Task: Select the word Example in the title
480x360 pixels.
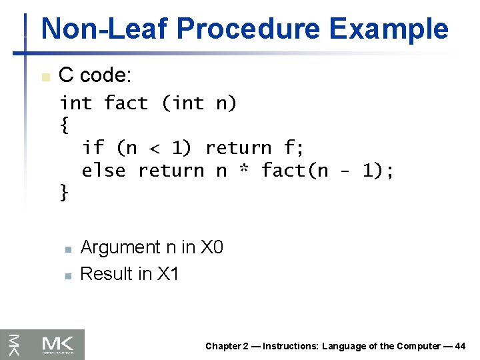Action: point(393,29)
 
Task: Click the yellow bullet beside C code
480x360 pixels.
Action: point(45,77)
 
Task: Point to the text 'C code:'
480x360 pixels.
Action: point(95,75)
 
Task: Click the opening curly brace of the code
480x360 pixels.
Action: point(64,125)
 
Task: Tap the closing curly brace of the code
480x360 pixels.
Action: point(64,193)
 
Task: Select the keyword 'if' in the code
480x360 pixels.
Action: point(93,147)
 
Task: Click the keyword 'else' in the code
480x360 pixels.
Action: point(103,171)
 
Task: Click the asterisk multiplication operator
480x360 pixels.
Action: point(244,171)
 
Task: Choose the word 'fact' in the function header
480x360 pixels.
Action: point(126,103)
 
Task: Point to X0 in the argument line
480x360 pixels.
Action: point(211,247)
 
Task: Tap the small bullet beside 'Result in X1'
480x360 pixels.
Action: point(67,275)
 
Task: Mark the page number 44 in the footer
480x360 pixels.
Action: point(459,346)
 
